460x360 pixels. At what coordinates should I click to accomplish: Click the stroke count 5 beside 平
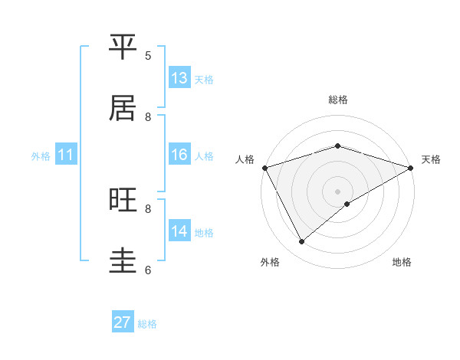pyautogui.click(x=148, y=55)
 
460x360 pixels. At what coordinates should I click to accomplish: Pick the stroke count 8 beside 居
pyautogui.click(x=148, y=116)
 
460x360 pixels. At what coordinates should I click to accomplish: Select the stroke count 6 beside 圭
pyautogui.click(x=148, y=270)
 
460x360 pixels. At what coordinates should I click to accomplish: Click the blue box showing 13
pyautogui.click(x=179, y=78)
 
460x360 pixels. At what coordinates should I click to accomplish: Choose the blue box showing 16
pyautogui.click(x=179, y=155)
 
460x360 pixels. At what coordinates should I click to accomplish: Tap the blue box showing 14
pyautogui.click(x=179, y=231)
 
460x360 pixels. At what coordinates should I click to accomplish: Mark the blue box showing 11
pyautogui.click(x=66, y=155)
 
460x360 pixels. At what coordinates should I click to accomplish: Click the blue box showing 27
pyautogui.click(x=123, y=322)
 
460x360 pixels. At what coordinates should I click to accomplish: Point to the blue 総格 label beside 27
pyautogui.click(x=147, y=324)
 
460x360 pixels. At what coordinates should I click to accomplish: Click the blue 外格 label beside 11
pyautogui.click(x=41, y=156)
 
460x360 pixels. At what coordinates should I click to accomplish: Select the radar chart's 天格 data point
pyautogui.click(x=411, y=168)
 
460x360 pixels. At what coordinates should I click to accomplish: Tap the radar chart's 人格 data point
pyautogui.click(x=264, y=168)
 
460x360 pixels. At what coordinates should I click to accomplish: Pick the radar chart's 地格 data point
pyautogui.click(x=347, y=204)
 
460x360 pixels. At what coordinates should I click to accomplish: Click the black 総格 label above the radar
pyautogui.click(x=337, y=100)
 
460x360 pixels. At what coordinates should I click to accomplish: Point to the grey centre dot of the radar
pyautogui.click(x=337, y=191)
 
